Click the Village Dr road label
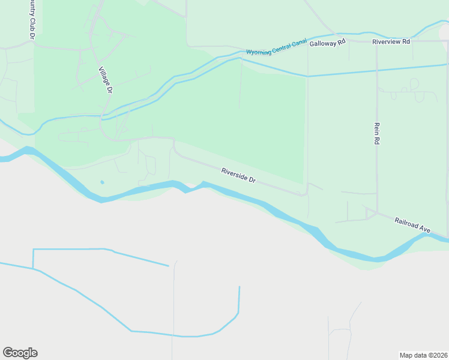(x=105, y=80)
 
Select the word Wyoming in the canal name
(x=259, y=52)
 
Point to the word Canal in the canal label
(x=298, y=44)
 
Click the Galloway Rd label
(x=328, y=43)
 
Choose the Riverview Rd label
(x=391, y=41)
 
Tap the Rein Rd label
(x=377, y=133)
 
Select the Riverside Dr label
(x=238, y=175)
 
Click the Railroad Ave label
(x=413, y=225)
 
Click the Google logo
(x=20, y=353)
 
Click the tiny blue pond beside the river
(x=102, y=182)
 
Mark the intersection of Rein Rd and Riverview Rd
(x=376, y=41)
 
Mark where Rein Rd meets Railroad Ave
(x=377, y=211)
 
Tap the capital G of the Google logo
(x=8, y=353)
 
